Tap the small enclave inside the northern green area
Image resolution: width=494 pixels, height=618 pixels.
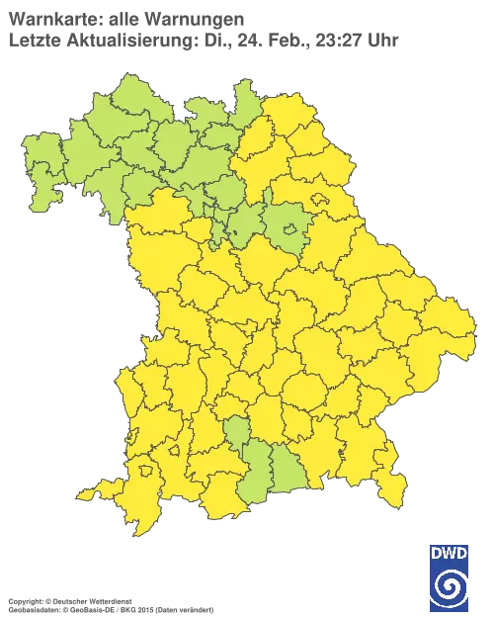click(x=290, y=231)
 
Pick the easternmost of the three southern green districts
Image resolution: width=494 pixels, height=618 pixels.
click(x=286, y=478)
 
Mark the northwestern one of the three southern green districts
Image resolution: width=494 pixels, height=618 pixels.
click(x=237, y=432)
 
